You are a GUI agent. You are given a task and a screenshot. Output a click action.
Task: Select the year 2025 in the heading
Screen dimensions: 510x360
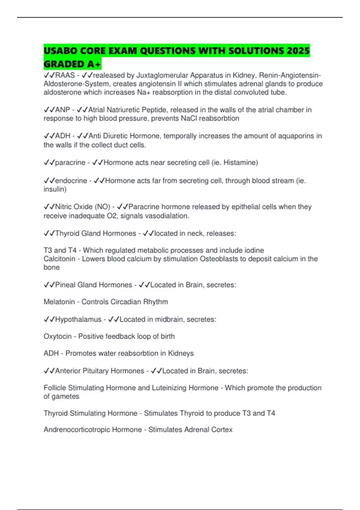(298, 51)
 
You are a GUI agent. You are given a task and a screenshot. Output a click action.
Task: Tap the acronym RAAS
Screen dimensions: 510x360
(65, 75)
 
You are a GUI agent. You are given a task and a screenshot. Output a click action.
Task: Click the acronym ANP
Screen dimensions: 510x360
(62, 110)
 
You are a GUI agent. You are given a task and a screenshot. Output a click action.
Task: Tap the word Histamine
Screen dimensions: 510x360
(240, 163)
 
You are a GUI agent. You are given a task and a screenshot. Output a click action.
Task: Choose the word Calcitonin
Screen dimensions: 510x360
(59, 259)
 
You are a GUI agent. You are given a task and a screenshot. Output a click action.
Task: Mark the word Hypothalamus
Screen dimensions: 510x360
(78, 319)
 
